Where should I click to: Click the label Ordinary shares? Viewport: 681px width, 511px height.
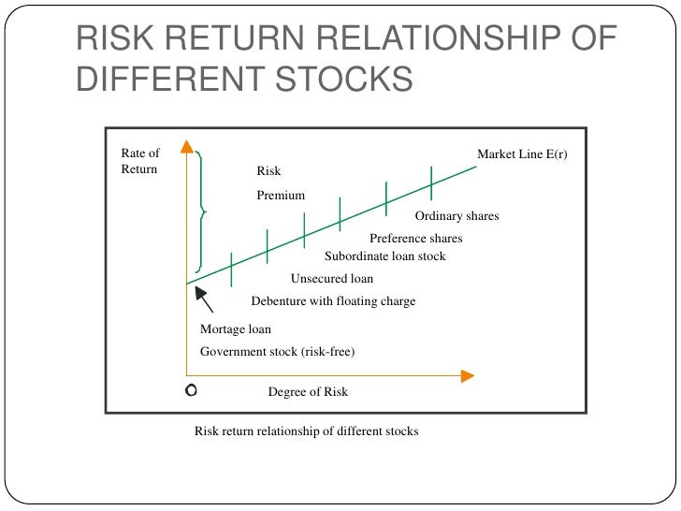click(x=463, y=216)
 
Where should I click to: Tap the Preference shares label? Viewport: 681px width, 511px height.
click(x=415, y=239)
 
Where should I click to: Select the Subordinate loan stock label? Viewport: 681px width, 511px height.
click(x=384, y=256)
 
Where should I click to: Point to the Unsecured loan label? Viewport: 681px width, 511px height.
click(x=331, y=279)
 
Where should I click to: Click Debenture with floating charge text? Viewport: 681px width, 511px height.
click(x=333, y=301)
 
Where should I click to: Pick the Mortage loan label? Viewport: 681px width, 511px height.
click(x=236, y=329)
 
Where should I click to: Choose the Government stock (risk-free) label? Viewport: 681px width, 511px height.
click(x=278, y=352)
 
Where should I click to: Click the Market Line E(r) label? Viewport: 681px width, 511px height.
click(x=522, y=153)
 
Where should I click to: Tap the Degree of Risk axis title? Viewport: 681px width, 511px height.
click(x=308, y=392)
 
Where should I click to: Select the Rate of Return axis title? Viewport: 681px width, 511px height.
click(x=140, y=161)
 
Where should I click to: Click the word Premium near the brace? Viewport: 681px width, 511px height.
click(x=281, y=196)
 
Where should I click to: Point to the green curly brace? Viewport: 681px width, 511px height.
click(x=202, y=212)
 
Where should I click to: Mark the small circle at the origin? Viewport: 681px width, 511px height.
click(x=192, y=390)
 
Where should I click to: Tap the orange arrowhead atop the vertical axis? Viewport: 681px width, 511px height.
click(x=187, y=147)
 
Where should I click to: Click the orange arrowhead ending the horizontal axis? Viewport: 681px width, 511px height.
click(x=467, y=375)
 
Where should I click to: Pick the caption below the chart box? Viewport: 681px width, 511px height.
click(x=306, y=431)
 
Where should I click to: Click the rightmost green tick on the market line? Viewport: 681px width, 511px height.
click(x=431, y=182)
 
